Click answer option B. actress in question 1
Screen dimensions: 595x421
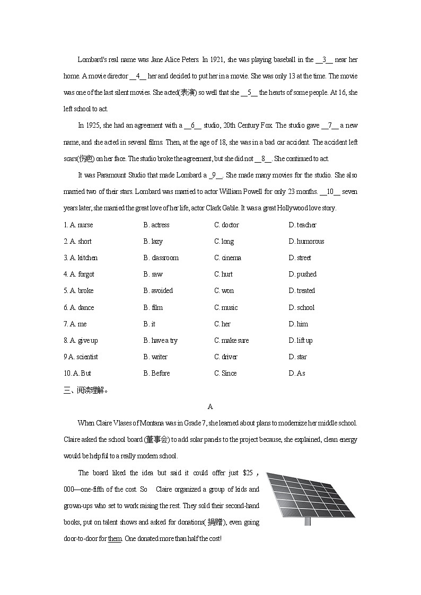point(156,225)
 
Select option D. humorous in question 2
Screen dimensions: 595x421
point(306,242)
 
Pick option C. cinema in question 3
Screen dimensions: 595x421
point(227,258)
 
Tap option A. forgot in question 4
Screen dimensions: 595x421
point(78,274)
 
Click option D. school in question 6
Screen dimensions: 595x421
point(301,308)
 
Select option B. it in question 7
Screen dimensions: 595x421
point(150,324)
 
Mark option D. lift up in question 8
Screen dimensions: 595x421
point(300,341)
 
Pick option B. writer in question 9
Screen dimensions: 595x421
point(155,357)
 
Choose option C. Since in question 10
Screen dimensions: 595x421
point(225,374)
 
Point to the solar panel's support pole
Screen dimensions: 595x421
point(308,520)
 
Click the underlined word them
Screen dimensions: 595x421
point(115,539)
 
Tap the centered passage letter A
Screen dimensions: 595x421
point(210,407)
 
